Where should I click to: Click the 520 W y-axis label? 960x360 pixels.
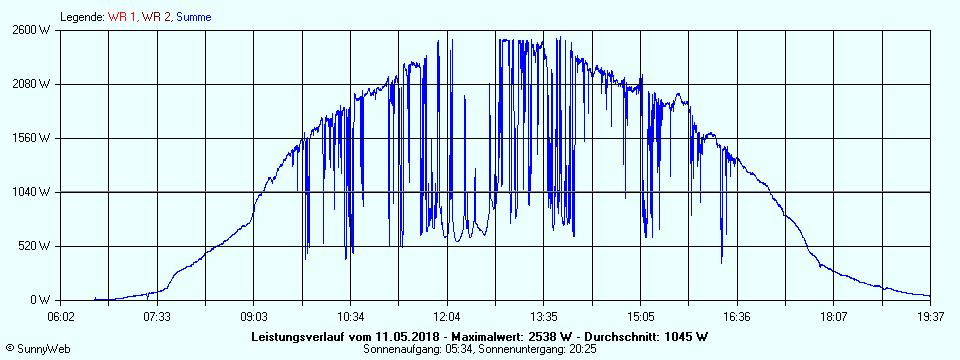(37, 246)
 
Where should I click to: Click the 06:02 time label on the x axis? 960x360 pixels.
(61, 316)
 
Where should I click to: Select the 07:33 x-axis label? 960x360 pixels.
(157, 316)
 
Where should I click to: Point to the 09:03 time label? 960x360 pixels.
(254, 316)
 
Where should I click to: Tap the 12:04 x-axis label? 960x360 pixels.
(447, 316)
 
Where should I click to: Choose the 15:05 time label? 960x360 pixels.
(640, 316)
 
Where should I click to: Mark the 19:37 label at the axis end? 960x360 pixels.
(930, 316)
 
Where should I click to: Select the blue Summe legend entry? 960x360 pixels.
(194, 17)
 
